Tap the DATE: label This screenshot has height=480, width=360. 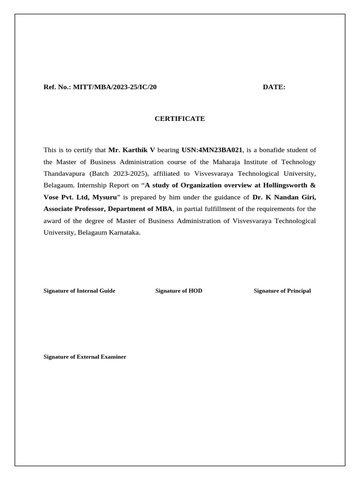(x=274, y=87)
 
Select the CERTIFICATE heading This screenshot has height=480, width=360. (x=180, y=119)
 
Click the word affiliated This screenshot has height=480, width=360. (x=168, y=173)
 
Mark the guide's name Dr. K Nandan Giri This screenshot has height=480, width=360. (x=284, y=197)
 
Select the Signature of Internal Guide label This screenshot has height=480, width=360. (x=79, y=291)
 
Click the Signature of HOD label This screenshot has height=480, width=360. (x=179, y=291)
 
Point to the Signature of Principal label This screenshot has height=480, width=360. (x=282, y=291)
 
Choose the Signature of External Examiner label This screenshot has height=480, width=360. (x=85, y=357)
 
